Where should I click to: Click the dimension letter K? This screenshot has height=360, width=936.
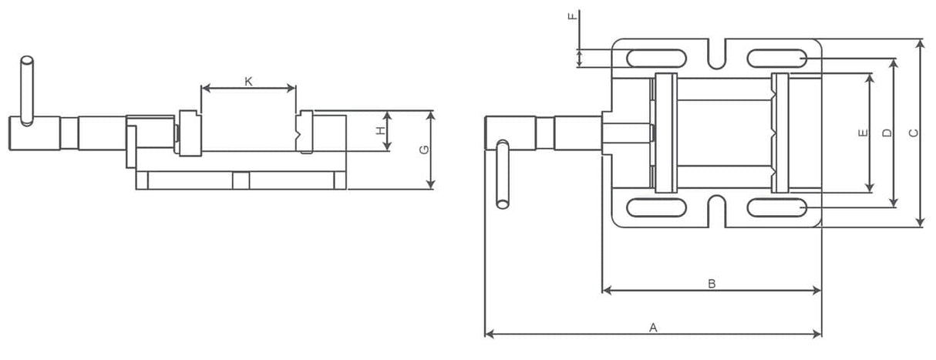coord(248,81)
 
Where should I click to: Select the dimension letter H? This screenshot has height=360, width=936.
coord(380,132)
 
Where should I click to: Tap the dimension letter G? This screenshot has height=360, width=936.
coord(423,150)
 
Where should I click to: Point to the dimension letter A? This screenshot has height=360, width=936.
coord(652,328)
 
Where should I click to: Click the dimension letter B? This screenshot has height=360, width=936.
coord(712,284)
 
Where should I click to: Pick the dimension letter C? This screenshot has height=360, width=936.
coord(913,133)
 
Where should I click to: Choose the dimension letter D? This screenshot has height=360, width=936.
coord(887,133)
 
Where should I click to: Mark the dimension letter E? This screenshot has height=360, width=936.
coord(863,133)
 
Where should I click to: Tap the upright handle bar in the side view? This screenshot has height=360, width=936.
coord(28,89)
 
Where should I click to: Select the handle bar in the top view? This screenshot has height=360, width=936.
coord(503,174)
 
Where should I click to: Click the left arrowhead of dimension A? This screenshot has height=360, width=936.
coord(488,335)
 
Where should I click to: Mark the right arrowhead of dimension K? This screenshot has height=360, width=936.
coord(292,88)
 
